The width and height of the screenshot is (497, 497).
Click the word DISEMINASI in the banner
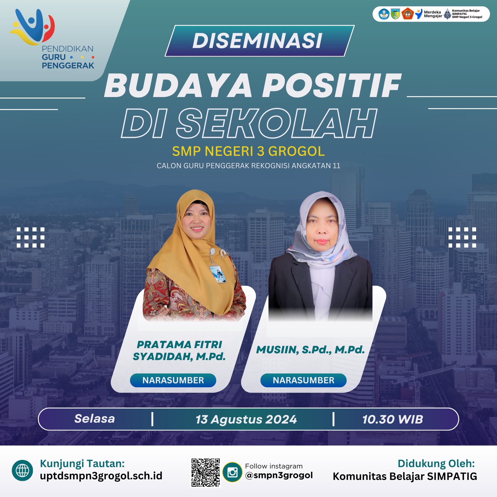257,41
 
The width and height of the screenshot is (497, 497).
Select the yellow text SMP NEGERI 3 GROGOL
248,151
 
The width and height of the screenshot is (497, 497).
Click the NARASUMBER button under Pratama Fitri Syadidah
173,380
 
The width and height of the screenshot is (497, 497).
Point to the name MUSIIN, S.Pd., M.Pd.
310,350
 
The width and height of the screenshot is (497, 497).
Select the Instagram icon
232,472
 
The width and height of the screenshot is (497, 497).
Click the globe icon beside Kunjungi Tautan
22,470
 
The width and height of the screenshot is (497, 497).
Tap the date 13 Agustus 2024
246,419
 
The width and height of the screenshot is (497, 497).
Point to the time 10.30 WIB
393,419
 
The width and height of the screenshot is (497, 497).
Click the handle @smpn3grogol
279,475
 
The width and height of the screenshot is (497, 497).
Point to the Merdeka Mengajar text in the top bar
433,14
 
